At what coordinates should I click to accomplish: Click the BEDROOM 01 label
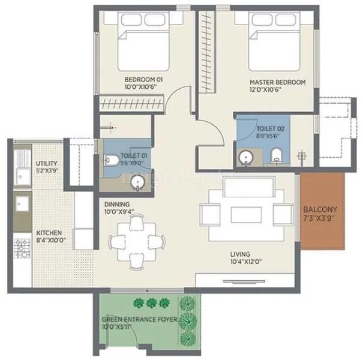[143, 79]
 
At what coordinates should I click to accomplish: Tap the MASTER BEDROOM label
[277, 82]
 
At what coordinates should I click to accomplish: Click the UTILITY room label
[46, 163]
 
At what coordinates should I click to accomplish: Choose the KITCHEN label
[48, 233]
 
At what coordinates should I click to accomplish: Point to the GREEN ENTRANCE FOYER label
[139, 320]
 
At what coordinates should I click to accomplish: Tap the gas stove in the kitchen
[23, 246]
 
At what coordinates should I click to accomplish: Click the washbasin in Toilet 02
[245, 158]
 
